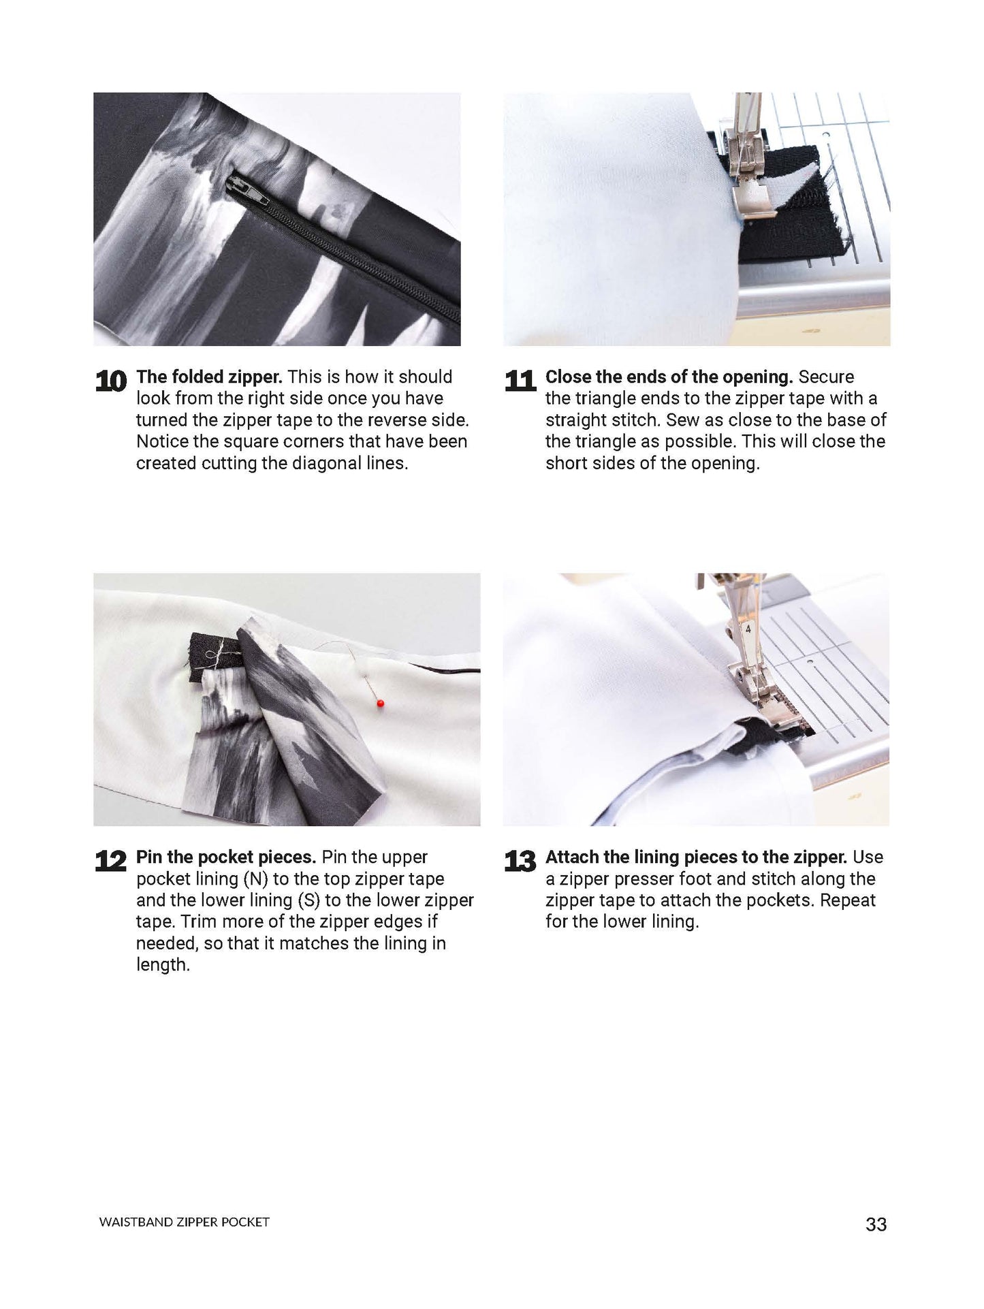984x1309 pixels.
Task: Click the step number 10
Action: pyautogui.click(x=111, y=381)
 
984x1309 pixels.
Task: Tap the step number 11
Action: pyautogui.click(x=520, y=381)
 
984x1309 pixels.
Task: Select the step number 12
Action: pyautogui.click(x=111, y=862)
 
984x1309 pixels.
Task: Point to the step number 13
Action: pyautogui.click(x=520, y=862)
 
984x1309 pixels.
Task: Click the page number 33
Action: pyautogui.click(x=876, y=1225)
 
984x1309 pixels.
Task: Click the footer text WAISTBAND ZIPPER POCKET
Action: pyautogui.click(x=184, y=1223)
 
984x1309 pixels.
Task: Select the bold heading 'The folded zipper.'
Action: pyautogui.click(x=209, y=377)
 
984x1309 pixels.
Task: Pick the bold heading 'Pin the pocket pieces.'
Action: pyautogui.click(x=226, y=857)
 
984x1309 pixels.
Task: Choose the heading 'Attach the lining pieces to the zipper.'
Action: pyautogui.click(x=696, y=857)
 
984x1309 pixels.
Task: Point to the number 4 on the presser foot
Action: pyautogui.click(x=748, y=630)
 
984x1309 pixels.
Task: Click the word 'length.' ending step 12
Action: pyautogui.click(x=163, y=965)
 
